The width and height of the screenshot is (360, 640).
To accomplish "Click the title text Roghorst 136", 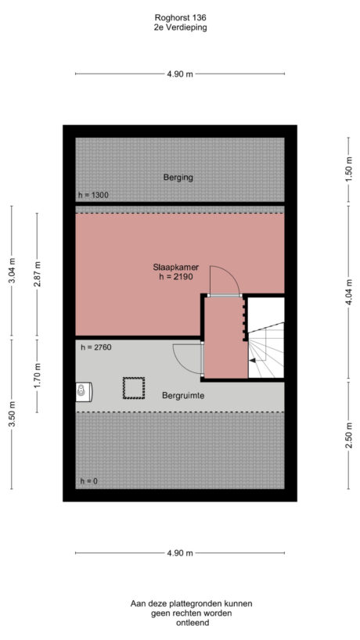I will (x=180, y=16).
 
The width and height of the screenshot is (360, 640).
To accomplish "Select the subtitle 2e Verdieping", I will (x=180, y=27).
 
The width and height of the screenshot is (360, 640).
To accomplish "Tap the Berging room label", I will (x=178, y=178).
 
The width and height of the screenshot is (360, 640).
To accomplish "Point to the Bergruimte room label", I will (x=184, y=396).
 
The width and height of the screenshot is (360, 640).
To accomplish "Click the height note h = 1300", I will (x=93, y=195).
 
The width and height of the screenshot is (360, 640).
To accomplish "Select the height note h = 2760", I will (x=93, y=346).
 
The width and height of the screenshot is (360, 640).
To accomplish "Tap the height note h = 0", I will (x=88, y=480).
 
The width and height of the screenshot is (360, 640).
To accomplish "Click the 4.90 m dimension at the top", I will (x=180, y=74).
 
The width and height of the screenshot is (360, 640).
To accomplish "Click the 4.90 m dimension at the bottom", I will (x=180, y=553).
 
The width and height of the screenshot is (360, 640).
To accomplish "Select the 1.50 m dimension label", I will (x=348, y=168).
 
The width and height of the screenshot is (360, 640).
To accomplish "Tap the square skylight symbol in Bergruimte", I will (x=133, y=387).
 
